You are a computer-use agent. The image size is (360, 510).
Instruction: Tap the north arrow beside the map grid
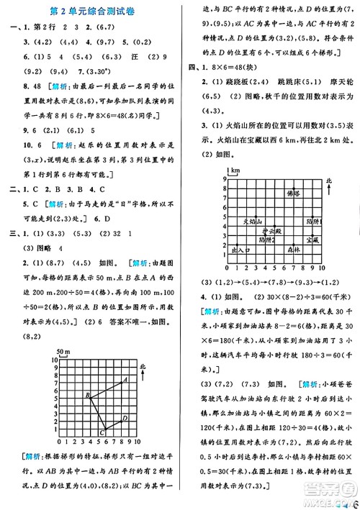pyautogui.click(x=329, y=193)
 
